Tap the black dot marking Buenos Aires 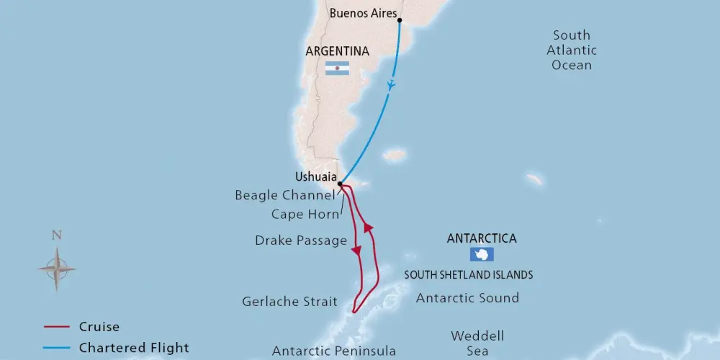pos(400,20)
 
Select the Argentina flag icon pos(337,68)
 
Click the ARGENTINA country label pos(337,52)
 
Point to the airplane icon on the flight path pos(391,84)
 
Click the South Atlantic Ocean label pos(572,50)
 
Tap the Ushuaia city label pos(315,176)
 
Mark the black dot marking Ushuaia pos(340,184)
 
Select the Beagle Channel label pos(284,195)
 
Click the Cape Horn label pos(305,214)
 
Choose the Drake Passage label pos(301,240)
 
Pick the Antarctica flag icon pos(481,254)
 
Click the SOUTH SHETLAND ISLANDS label pos(468,274)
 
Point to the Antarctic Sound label pos(467,297)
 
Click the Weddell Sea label pos(477,343)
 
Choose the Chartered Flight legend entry pos(134,348)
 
